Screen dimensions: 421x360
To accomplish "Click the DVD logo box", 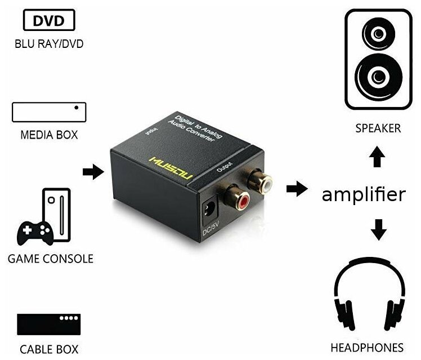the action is click(x=48, y=21).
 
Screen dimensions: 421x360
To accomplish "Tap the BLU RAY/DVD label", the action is click(x=49, y=43).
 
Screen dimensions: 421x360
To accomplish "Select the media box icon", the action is click(x=49, y=112).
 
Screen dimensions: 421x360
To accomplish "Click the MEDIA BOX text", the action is click(x=49, y=135).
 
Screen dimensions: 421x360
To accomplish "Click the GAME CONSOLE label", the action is click(x=51, y=259).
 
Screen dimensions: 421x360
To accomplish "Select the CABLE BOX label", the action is click(x=49, y=349).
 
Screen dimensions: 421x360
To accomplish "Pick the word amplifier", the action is click(x=363, y=195).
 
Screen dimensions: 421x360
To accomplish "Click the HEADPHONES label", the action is click(x=374, y=347).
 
